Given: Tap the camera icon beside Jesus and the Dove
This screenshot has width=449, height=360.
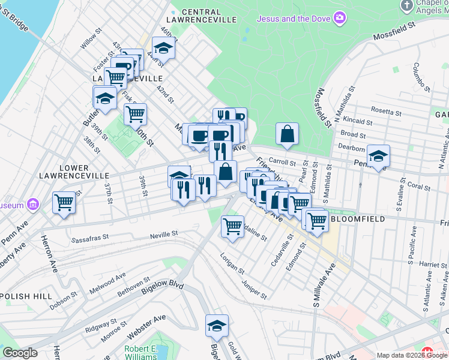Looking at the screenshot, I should [340, 19].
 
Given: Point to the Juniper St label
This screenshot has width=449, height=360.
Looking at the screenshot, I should [253, 288].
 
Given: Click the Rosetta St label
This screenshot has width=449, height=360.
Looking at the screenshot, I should [386, 112].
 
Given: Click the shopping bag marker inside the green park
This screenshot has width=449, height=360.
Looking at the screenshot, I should [288, 134].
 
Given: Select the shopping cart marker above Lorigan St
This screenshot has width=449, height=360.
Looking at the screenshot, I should [232, 227].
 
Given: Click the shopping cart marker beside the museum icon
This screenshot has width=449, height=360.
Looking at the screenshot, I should [64, 202].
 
